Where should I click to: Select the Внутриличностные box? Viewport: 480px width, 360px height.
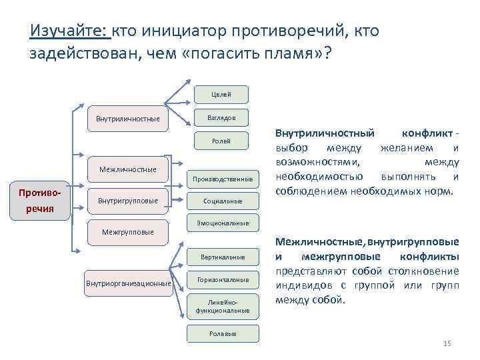(x=127, y=119)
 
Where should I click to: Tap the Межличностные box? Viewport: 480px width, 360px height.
(x=127, y=169)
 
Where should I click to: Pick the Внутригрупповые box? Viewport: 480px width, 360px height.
(x=128, y=201)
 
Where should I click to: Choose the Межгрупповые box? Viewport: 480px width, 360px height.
(x=127, y=232)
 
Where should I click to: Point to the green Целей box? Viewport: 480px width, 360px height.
(x=221, y=95)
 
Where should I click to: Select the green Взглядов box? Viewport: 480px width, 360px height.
(x=221, y=117)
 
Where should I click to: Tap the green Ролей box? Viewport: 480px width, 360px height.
(x=221, y=141)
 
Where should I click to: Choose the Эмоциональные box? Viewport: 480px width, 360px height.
(x=222, y=223)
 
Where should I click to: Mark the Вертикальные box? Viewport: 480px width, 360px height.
(x=222, y=257)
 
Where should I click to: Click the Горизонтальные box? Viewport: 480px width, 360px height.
(x=222, y=280)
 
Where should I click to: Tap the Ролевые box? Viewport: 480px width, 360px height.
(x=222, y=333)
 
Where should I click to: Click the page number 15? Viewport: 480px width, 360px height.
(x=447, y=343)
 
